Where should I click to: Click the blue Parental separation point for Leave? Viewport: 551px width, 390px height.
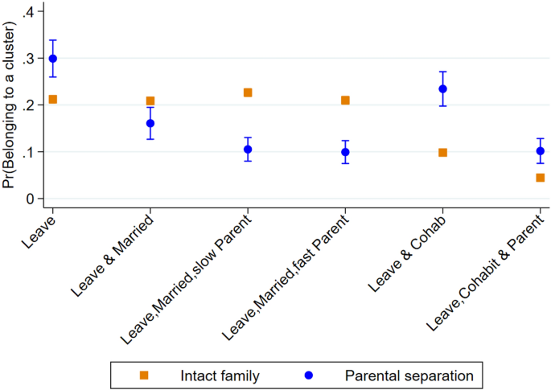pos(53,59)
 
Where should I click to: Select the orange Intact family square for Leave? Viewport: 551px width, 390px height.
pos(53,100)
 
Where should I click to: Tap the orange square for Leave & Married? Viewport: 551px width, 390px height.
pos(150,101)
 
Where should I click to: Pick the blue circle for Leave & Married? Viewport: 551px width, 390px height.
pos(150,124)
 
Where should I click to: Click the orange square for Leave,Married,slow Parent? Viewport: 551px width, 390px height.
pos(248,92)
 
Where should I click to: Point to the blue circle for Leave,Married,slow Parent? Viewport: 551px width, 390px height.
pos(248,150)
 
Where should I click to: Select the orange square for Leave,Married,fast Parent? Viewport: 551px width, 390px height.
pos(345,101)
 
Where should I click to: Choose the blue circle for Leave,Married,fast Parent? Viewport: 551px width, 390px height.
pos(345,152)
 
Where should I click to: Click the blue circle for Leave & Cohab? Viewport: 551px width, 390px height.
pos(442,89)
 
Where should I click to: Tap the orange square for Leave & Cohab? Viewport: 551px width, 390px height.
pos(442,153)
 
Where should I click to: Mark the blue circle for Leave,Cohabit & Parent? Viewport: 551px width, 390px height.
pos(540,151)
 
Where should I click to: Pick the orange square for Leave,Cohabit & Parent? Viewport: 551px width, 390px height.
pos(540,178)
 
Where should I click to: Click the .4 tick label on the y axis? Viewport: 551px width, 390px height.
pos(29,12)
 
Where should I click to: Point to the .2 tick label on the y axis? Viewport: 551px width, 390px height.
pos(29,105)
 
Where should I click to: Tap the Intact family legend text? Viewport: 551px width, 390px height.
pos(221,375)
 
